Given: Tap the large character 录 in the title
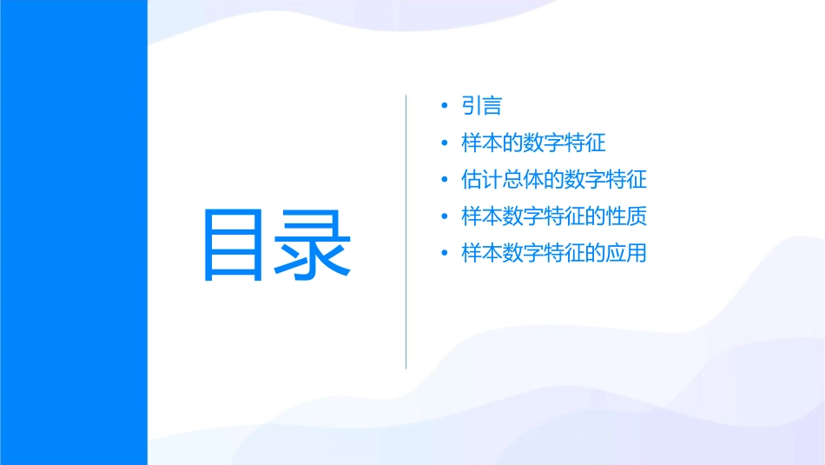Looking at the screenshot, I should pyautogui.click(x=315, y=245).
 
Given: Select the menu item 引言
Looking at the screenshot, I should pyautogui.click(x=482, y=106).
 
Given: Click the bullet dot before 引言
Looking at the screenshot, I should pyautogui.click(x=445, y=106).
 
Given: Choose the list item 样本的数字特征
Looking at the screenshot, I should pyautogui.click(x=533, y=143).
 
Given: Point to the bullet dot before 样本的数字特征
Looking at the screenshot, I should pyautogui.click(x=445, y=143).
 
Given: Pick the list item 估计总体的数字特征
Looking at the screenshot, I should pyautogui.click(x=554, y=180).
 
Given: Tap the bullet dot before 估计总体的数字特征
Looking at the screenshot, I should pyautogui.click(x=445, y=180).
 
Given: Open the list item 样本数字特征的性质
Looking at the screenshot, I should pyautogui.click(x=554, y=216).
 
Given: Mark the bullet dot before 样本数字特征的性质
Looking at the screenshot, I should pyautogui.click(x=445, y=217).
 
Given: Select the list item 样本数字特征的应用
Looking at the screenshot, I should pyautogui.click(x=554, y=254).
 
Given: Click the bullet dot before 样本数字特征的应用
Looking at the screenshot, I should pyautogui.click(x=445, y=254).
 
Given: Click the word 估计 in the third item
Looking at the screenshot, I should pyautogui.click(x=482, y=180).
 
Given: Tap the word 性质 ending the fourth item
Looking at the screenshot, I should pyautogui.click(x=627, y=216).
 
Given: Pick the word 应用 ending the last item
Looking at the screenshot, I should pyautogui.click(x=627, y=254).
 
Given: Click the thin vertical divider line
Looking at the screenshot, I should pyautogui.click(x=406, y=232).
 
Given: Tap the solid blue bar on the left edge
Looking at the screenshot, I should pyautogui.click(x=73, y=232).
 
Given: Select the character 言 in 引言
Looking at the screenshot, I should pyautogui.click(x=492, y=106).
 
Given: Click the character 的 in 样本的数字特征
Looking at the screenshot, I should pyautogui.click(x=512, y=143).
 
